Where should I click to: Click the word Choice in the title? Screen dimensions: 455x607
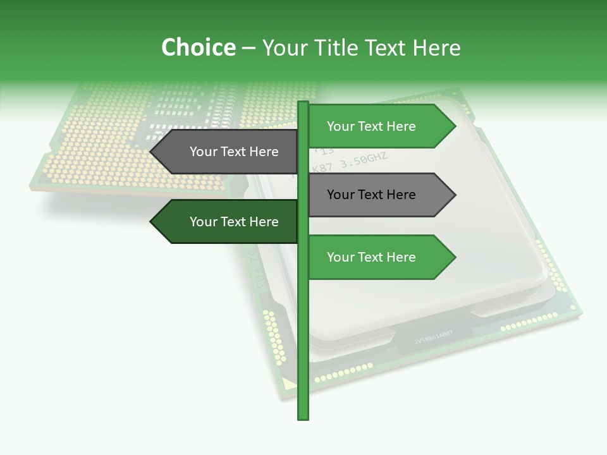tap(198, 47)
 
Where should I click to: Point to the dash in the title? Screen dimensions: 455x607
tap(248, 48)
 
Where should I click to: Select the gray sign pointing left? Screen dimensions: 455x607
tap(228, 152)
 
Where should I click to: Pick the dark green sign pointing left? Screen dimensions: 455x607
tap(228, 222)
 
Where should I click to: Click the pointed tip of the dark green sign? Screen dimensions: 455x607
tap(152, 222)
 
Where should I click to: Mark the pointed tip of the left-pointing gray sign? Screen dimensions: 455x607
tap(152, 152)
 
